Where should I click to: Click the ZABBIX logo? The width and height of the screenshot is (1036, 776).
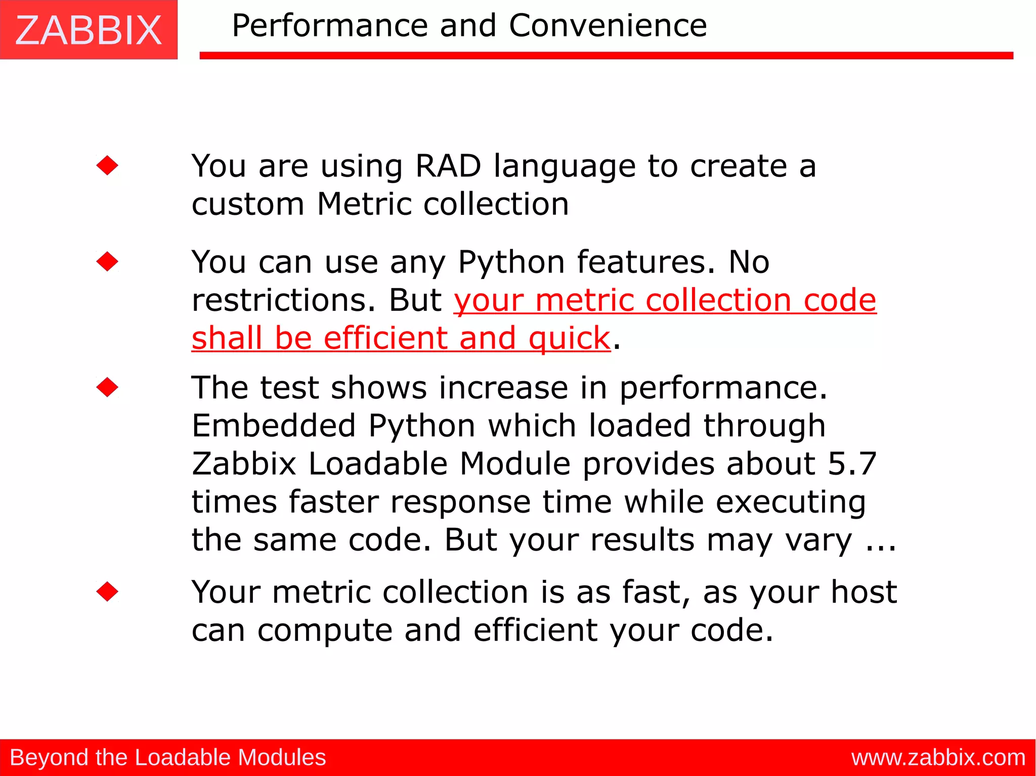[89, 30]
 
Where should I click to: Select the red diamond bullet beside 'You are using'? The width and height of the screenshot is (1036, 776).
[107, 165]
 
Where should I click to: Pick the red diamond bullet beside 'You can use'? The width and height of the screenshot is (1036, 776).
[107, 261]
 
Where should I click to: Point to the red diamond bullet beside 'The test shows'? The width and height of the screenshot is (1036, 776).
[107, 387]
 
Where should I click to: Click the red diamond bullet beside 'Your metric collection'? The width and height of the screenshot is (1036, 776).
[107, 591]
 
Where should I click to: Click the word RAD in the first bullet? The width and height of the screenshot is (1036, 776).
[448, 166]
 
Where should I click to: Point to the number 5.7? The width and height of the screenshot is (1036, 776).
[852, 464]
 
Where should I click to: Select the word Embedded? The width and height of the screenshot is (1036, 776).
[274, 426]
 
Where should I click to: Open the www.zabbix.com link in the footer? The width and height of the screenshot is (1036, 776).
[938, 757]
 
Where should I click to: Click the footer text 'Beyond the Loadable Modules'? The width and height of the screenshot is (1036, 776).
[168, 757]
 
